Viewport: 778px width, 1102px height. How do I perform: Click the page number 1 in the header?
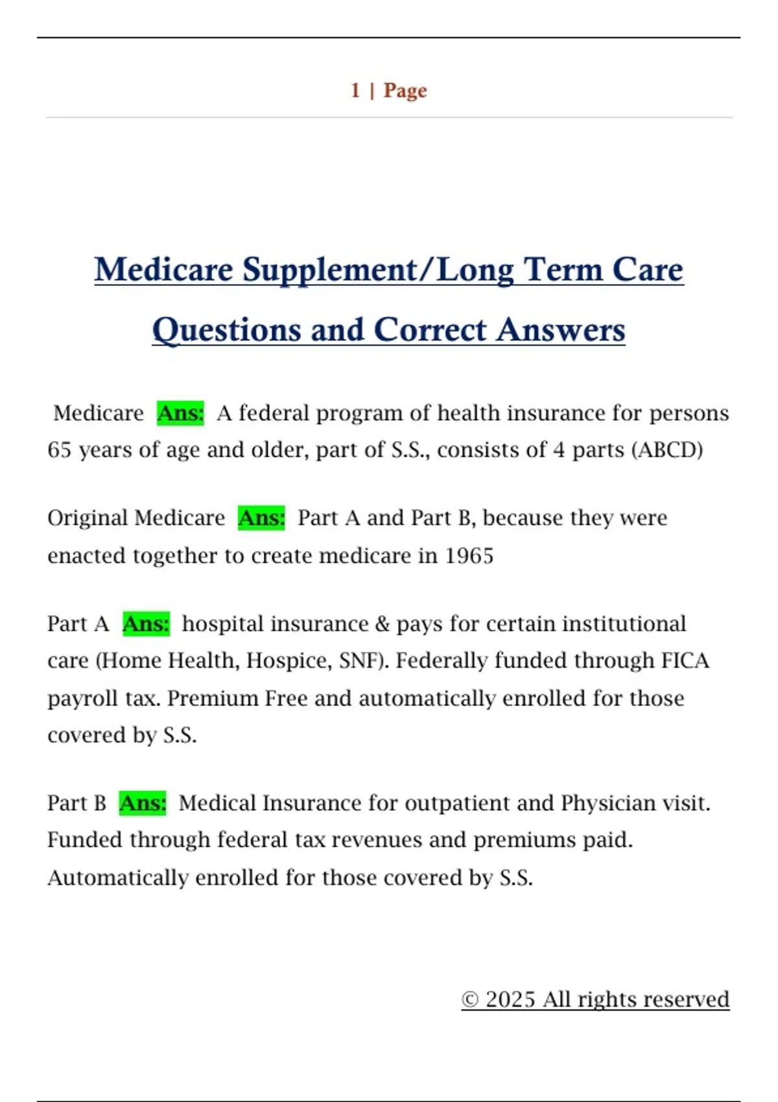pyautogui.click(x=355, y=90)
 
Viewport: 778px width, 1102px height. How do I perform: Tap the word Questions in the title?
pyautogui.click(x=227, y=330)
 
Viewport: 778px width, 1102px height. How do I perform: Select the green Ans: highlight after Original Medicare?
pyautogui.click(x=261, y=518)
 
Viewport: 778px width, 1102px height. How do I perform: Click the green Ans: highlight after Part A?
pyautogui.click(x=146, y=624)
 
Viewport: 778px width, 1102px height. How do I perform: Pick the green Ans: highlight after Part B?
pyautogui.click(x=143, y=803)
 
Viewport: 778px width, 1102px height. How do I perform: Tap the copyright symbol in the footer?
pyautogui.click(x=470, y=1000)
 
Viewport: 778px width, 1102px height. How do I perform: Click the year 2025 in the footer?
pyautogui.click(x=510, y=1000)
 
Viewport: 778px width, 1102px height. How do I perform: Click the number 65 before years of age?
pyautogui.click(x=59, y=450)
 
